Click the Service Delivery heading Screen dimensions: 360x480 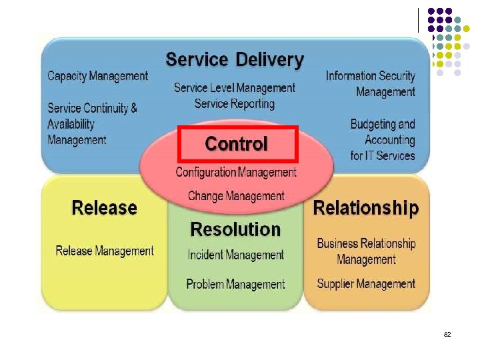coord(234,59)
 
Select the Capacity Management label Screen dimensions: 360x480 coord(98,76)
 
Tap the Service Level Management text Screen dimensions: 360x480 coord(234,88)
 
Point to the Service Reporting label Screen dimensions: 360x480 coord(234,104)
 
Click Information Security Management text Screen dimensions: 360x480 coord(371,84)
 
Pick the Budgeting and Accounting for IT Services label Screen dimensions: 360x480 coord(383,140)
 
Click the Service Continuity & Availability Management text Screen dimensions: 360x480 coord(92,124)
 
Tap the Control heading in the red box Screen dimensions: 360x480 coord(237,143)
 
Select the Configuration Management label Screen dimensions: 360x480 coord(236,172)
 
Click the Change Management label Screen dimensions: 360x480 coord(236,196)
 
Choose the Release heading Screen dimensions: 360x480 coord(104,208)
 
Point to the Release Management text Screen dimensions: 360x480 coord(104,251)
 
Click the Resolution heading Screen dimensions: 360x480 coord(235,229)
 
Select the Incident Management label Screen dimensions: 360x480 coord(235,255)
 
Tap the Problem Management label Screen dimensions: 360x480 coord(235,285)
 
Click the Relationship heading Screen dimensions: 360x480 coord(366,208)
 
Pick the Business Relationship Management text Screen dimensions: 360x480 coord(366,251)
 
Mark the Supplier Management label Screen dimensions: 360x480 coord(366,284)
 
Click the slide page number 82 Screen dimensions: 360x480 coord(447,333)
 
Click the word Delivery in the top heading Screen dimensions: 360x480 coord(269,59)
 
